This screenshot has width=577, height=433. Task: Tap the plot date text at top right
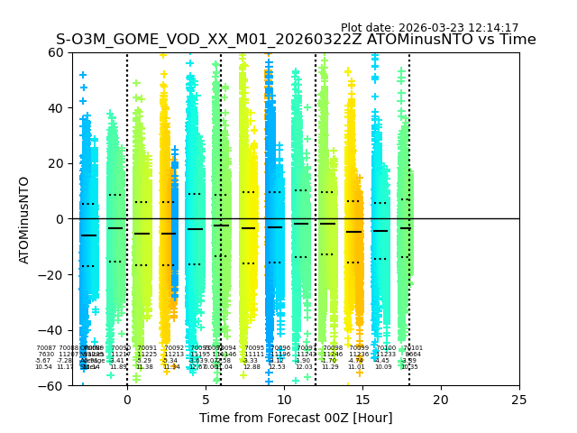point(429,28)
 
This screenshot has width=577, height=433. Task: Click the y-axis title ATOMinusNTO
point(25,219)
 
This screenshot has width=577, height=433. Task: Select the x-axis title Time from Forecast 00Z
point(296,418)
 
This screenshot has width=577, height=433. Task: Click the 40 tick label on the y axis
point(56,108)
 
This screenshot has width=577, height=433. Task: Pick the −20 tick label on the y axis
point(52,275)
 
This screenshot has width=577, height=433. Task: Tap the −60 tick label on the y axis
point(52,386)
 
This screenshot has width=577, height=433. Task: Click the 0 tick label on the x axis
point(127,399)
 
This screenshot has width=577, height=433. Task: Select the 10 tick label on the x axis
point(284,399)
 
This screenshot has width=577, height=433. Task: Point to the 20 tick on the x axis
point(441,399)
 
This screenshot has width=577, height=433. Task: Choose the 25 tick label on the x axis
point(519,399)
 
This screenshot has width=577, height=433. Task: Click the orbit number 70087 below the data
point(45,348)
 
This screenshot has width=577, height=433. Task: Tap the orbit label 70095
point(254,348)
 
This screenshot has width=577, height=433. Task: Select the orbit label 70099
point(359,348)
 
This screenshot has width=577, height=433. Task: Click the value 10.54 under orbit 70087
point(43,367)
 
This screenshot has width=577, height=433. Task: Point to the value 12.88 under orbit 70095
point(252,367)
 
